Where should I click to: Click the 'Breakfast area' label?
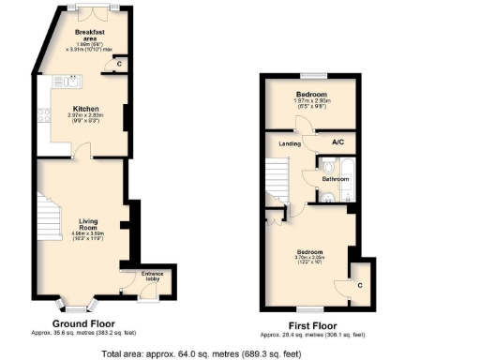click(x=92, y=34)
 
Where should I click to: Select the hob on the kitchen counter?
click(x=43, y=116)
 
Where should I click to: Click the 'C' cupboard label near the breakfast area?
click(x=120, y=64)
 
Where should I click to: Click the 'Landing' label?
click(x=289, y=143)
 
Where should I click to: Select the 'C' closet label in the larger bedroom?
click(x=359, y=282)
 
